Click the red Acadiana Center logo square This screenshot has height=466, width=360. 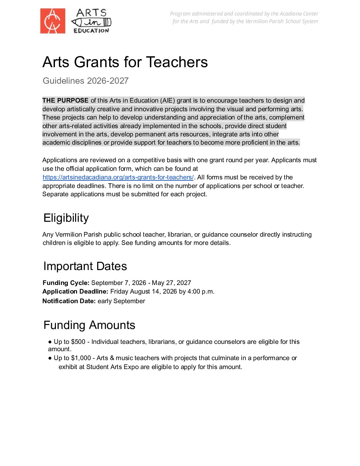53,21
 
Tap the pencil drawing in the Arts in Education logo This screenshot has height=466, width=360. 91,23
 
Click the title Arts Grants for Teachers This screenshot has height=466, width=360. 125,62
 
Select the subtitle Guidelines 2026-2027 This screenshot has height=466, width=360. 85,81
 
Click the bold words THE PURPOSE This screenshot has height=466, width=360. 66,101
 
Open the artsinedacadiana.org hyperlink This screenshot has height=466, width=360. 118,177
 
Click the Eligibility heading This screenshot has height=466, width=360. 66,218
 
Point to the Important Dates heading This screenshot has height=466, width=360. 85,266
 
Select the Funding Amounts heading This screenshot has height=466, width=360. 89,325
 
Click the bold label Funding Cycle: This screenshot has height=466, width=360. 66,283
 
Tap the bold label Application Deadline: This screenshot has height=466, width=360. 75,292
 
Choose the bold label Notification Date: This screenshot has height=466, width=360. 69,301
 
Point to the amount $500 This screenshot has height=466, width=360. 78,342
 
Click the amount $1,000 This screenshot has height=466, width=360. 81,358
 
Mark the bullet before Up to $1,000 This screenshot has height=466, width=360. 50,358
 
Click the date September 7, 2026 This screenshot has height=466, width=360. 118,283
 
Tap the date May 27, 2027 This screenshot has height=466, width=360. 171,283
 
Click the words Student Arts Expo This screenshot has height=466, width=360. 112,367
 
